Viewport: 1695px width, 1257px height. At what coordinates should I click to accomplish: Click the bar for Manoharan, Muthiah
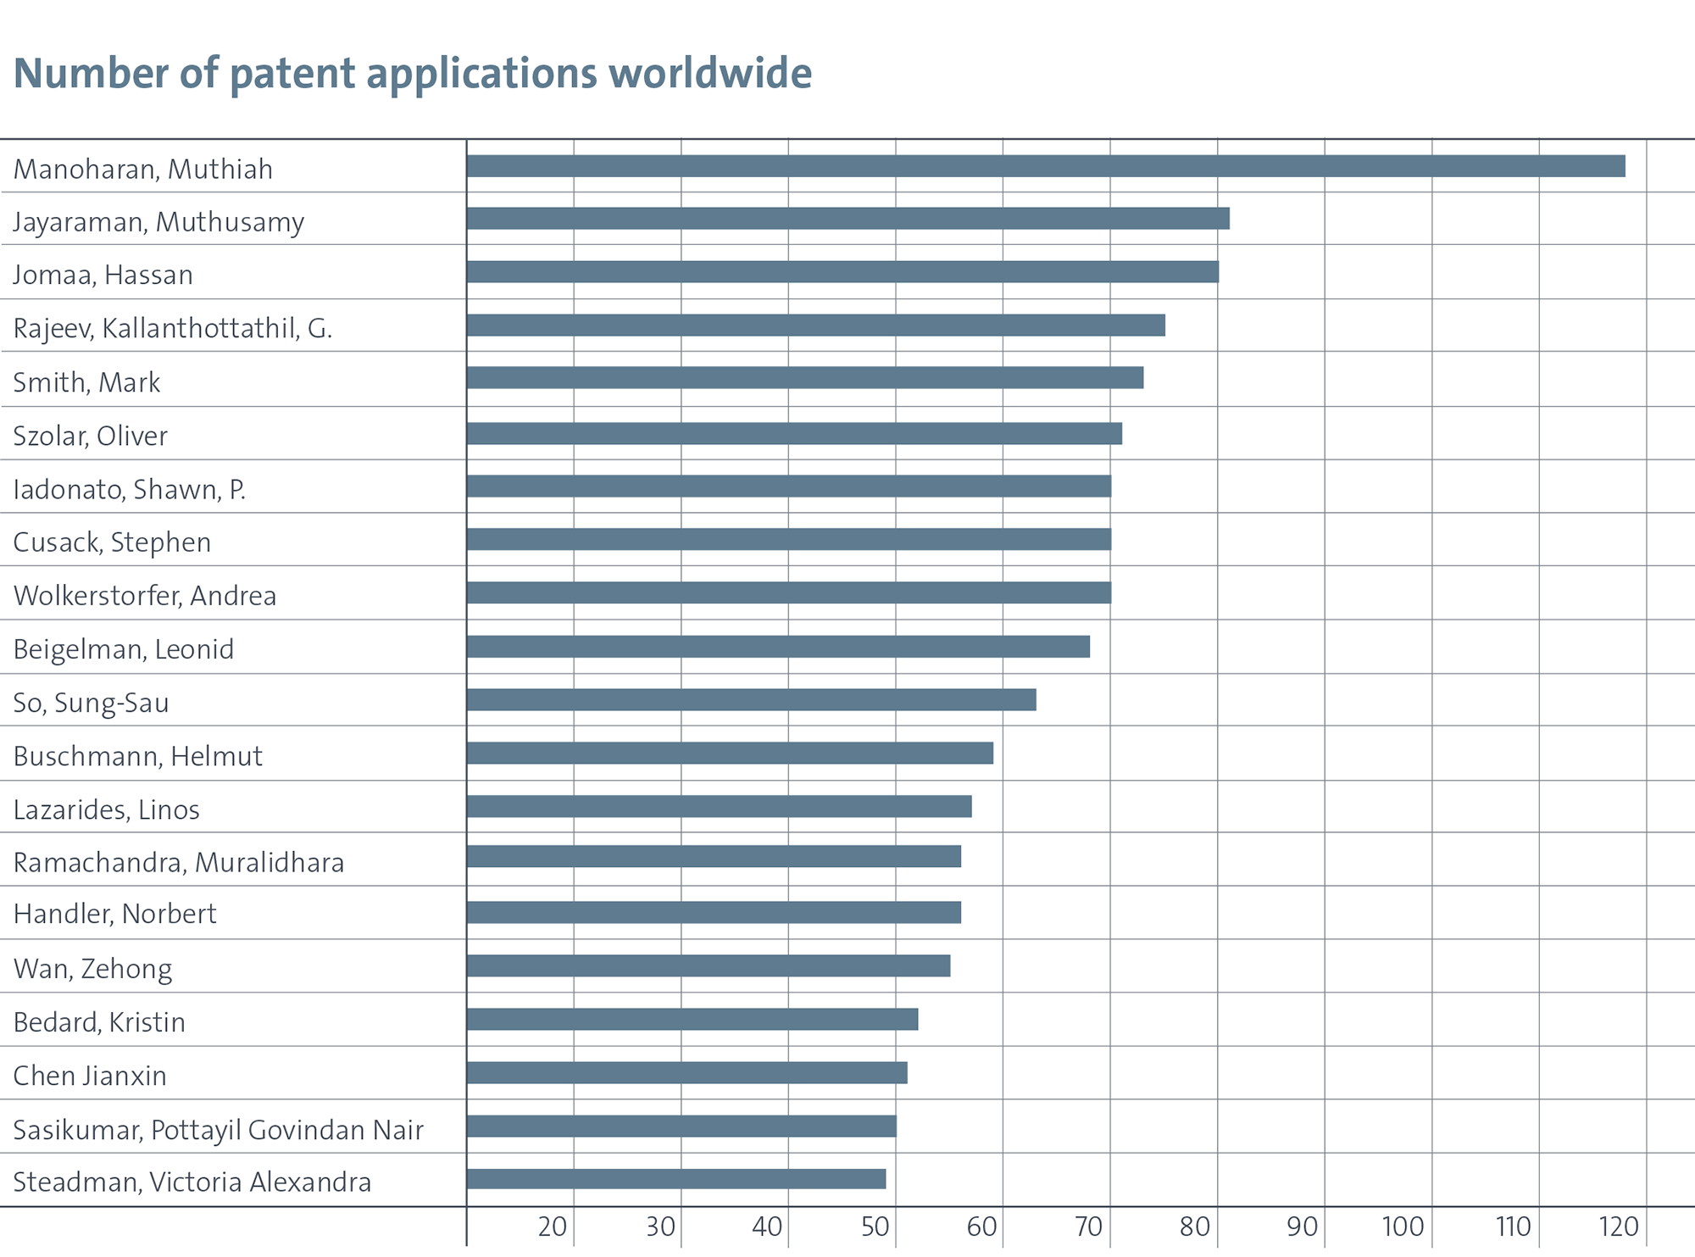click(x=1046, y=166)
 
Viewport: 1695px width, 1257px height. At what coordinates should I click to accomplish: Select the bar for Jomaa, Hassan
click(x=842, y=272)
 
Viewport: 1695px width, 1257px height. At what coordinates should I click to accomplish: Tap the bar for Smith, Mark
click(x=805, y=378)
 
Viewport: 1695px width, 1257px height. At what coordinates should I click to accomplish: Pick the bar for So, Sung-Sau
click(x=751, y=700)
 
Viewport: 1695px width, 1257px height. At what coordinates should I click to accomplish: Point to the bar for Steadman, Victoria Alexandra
click(x=676, y=1179)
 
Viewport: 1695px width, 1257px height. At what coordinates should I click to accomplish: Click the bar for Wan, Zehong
click(x=709, y=966)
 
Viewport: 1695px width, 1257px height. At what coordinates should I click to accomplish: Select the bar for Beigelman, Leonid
click(x=778, y=647)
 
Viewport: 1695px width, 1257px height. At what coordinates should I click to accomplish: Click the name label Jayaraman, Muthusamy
click(x=158, y=222)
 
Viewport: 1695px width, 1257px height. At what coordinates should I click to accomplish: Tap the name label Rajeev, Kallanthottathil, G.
click(x=173, y=328)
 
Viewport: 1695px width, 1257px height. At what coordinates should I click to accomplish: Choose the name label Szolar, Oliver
click(x=91, y=436)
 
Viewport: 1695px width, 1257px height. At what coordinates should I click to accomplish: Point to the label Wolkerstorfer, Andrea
click(x=145, y=596)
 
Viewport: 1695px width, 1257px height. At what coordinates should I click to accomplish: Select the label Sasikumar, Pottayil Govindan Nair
click(x=219, y=1130)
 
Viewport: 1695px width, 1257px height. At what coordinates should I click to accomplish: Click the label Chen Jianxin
click(x=90, y=1076)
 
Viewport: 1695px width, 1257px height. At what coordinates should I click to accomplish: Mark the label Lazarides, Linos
click(x=107, y=809)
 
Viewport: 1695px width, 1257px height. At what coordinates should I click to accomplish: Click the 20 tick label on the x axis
click(x=553, y=1226)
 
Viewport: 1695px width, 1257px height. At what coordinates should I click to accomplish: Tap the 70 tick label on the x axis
click(x=1088, y=1226)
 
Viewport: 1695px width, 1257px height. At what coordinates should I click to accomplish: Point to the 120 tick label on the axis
click(x=1619, y=1226)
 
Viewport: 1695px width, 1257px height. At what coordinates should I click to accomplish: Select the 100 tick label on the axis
click(x=1403, y=1226)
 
